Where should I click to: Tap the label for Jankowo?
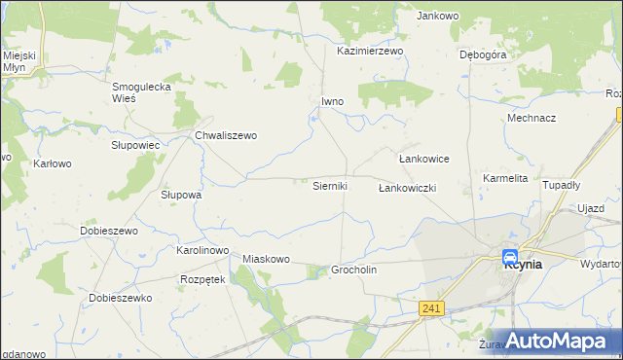[437, 16]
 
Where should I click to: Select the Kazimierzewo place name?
[370, 51]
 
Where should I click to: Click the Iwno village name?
[333, 100]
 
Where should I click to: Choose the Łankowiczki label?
[407, 187]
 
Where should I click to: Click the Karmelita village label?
[505, 178]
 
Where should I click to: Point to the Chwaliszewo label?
[226, 135]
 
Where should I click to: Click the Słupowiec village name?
[135, 144]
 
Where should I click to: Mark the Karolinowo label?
[202, 250]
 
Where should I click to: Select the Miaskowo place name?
[267, 259]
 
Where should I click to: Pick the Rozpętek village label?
[202, 279]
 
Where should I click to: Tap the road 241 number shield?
[434, 308]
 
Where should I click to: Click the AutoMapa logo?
[555, 341]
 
